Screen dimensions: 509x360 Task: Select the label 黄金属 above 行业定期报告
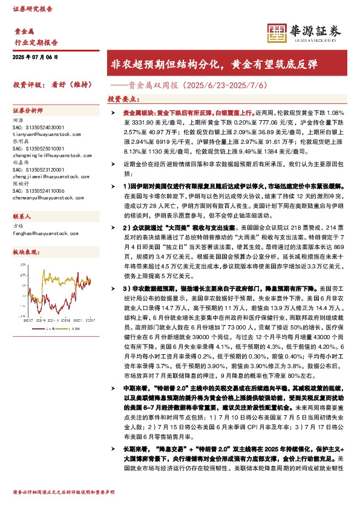(24, 31)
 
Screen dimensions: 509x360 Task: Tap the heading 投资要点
(122, 98)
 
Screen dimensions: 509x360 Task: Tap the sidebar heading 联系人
(22, 216)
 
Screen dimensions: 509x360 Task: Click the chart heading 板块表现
(26, 251)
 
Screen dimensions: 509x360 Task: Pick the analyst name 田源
(18, 120)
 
